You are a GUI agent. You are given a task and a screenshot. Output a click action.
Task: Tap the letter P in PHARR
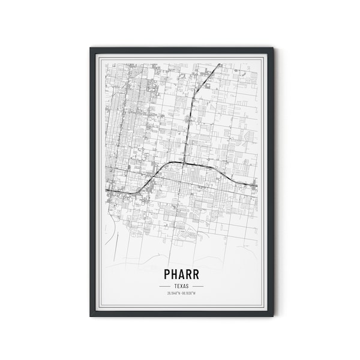click(166, 273)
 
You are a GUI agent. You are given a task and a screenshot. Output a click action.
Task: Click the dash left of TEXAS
click(162, 286)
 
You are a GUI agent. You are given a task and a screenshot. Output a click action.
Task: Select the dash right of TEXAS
click(197, 286)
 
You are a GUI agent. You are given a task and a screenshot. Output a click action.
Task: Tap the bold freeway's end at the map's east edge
click(256, 185)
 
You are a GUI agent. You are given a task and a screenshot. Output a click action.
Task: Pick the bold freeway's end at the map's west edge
click(106, 191)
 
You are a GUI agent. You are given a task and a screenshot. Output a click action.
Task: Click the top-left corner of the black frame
click(89, 46)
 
